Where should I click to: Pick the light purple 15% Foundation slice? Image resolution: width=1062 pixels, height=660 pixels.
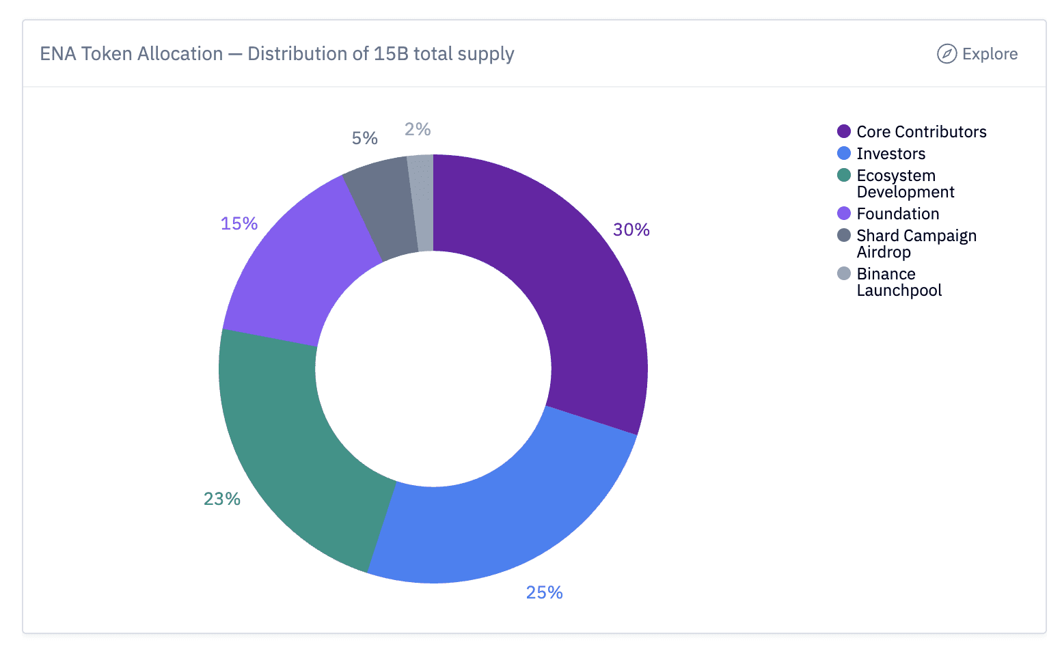[x=294, y=266]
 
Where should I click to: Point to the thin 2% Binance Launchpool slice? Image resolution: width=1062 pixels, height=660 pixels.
[x=422, y=203]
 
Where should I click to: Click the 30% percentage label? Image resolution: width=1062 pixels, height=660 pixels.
[x=631, y=230]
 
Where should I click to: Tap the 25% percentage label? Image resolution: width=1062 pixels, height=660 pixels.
[x=544, y=592]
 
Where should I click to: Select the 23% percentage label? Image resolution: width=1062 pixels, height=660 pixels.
[x=222, y=499]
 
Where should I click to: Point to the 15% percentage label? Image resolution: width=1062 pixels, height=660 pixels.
[x=239, y=223]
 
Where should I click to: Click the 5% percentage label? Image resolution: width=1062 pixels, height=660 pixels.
[x=365, y=138]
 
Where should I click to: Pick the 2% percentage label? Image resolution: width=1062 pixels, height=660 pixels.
[x=418, y=129]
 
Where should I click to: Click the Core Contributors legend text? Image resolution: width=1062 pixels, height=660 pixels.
[x=921, y=132]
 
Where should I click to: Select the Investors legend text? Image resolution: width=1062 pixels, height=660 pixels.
[x=890, y=154]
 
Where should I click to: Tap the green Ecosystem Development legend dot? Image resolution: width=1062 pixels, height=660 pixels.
[x=844, y=176]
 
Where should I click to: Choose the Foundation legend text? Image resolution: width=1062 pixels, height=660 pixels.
[x=897, y=214]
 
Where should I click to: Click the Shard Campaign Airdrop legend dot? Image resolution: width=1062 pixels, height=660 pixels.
[x=844, y=236]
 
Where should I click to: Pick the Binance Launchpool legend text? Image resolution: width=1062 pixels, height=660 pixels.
[x=899, y=282]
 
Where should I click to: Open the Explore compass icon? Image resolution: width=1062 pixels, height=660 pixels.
[x=947, y=54]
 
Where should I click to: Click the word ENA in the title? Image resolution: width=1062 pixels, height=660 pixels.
[x=57, y=54]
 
